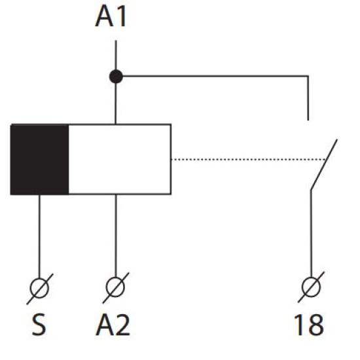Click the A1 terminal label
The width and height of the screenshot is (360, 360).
(111, 16)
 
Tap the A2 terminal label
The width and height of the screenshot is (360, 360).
(113, 325)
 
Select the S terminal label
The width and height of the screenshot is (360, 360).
(39, 325)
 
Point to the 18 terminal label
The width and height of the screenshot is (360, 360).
(309, 325)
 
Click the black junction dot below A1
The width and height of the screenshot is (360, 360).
(116, 77)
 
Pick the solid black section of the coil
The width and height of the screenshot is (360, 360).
(39, 159)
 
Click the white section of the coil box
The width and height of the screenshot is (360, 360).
(120, 159)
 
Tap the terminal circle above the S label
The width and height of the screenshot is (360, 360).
(39, 288)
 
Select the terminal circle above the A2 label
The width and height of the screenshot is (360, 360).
(115, 287)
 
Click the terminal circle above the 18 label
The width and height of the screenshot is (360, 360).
(312, 287)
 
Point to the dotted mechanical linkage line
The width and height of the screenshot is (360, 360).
(249, 159)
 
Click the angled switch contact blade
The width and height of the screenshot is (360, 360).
(324, 164)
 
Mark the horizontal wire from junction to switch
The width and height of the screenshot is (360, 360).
(215, 76)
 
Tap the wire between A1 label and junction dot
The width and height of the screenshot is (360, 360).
(116, 55)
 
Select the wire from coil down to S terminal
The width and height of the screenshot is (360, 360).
(39, 237)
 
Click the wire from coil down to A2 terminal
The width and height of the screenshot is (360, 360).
(116, 236)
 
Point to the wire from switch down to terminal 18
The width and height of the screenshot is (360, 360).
(312, 234)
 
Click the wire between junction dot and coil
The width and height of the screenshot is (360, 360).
(116, 103)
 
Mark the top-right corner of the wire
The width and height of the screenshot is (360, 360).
(308, 76)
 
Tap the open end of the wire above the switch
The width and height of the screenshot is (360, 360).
(308, 120)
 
